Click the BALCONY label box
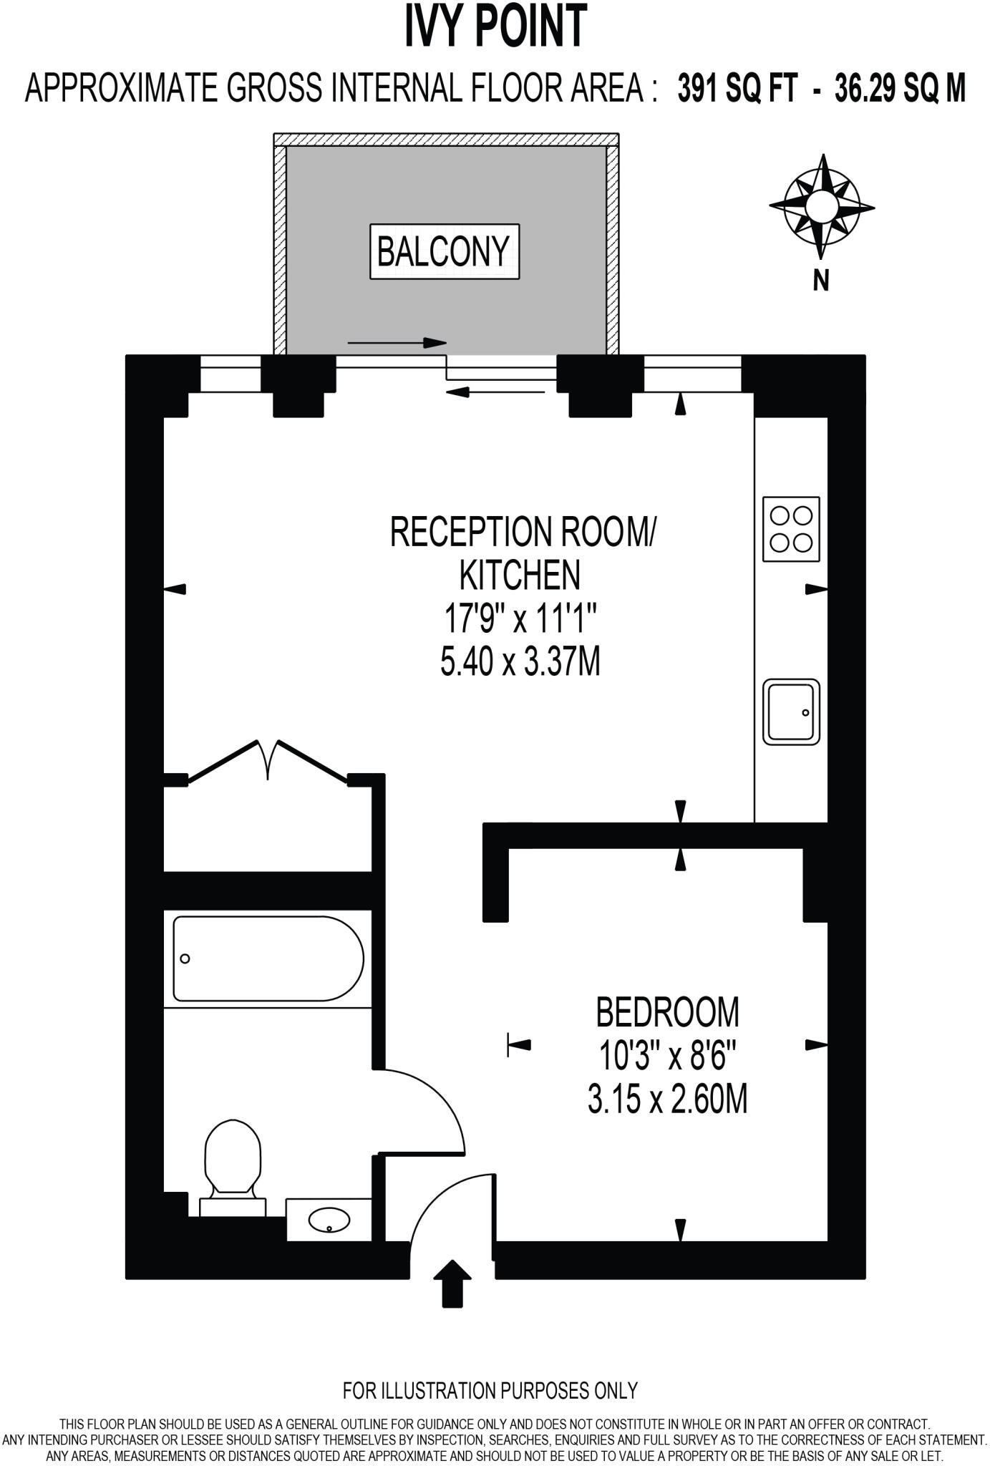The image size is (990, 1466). pyautogui.click(x=444, y=252)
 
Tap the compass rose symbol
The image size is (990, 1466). pyautogui.click(x=821, y=206)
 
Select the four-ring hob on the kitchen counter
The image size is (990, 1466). pyautogui.click(x=791, y=529)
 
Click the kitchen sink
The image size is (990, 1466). pyautogui.click(x=791, y=712)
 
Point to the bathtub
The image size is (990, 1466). pyautogui.click(x=268, y=958)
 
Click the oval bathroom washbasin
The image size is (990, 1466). pyautogui.click(x=329, y=1219)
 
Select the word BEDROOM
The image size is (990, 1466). pyautogui.click(x=667, y=1012)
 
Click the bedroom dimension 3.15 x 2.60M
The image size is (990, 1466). pyautogui.click(x=667, y=1100)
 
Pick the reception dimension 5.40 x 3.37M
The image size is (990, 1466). pyautogui.click(x=520, y=662)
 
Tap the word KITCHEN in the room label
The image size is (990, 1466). pyautogui.click(x=520, y=574)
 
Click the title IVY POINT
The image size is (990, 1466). pyautogui.click(x=495, y=26)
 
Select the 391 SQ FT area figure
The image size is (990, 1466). pyautogui.click(x=737, y=90)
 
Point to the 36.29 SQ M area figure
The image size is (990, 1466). pyautogui.click(x=900, y=90)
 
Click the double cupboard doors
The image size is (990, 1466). pyautogui.click(x=268, y=761)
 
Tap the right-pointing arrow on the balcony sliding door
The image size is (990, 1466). pyautogui.click(x=397, y=343)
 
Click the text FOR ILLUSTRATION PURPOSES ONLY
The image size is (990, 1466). pyautogui.click(x=490, y=1390)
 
